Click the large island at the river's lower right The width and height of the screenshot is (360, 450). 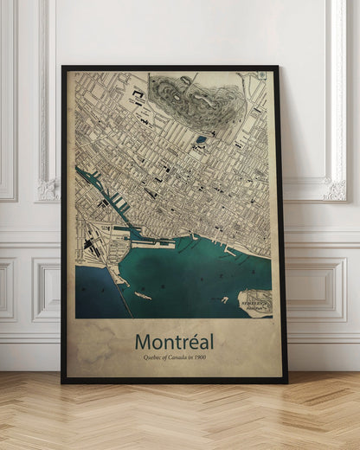(255, 301)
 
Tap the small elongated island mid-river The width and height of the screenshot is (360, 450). (142, 296)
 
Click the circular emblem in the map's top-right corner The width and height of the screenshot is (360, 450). (261, 76)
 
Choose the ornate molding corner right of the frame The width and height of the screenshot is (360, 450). (335, 189)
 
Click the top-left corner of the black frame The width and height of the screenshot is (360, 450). (63, 67)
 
